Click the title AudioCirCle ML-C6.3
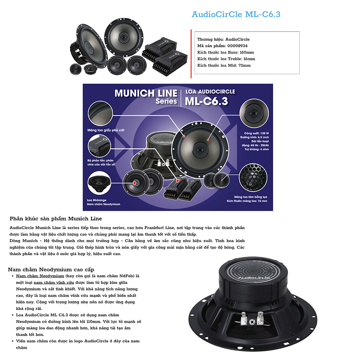point(236,15)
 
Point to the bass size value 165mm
point(246,52)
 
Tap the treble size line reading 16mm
point(226,59)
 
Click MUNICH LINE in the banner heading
point(146,93)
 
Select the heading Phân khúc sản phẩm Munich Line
point(56,219)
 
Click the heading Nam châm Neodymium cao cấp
point(51,269)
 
